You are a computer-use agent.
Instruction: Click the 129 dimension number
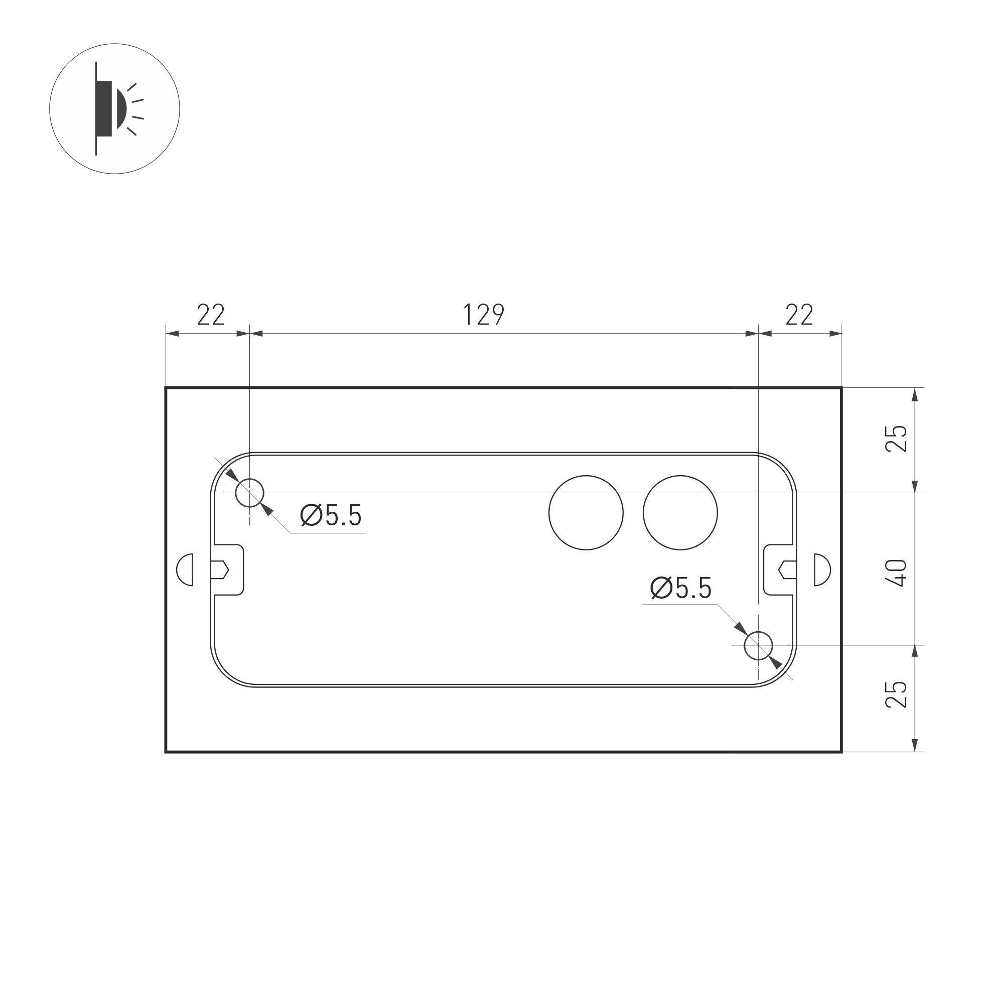483,315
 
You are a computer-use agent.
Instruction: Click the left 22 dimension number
211,315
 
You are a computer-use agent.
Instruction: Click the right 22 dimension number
799,315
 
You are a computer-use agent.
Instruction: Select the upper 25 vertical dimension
896,438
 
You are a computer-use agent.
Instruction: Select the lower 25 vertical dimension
896,694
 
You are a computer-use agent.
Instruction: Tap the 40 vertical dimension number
896,572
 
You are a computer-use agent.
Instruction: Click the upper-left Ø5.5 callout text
331,515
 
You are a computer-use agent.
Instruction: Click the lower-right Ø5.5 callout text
680,589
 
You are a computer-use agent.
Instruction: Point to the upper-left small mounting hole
249,493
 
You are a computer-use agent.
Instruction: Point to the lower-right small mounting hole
758,646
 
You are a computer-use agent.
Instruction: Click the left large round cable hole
586,512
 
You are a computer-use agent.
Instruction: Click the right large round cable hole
680,512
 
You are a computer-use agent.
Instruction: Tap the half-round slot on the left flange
186,569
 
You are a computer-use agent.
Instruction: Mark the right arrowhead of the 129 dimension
752,334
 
